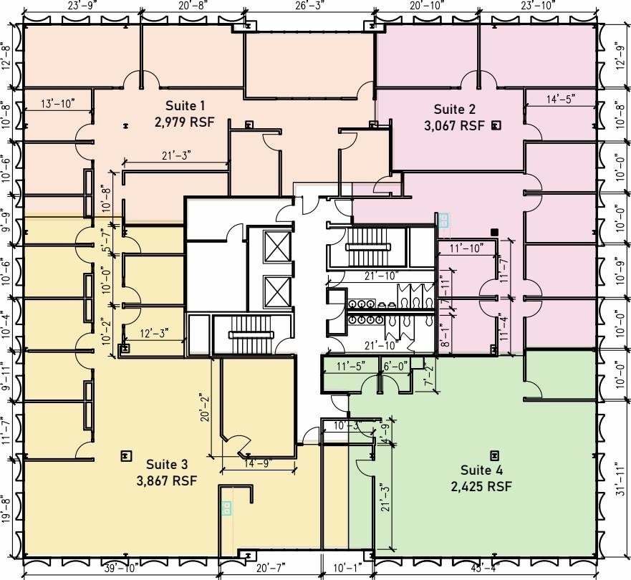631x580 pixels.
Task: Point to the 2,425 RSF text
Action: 481,487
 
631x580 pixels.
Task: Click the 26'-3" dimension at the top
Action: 310,6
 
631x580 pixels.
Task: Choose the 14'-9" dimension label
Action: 258,463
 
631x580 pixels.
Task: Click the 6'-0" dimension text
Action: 396,366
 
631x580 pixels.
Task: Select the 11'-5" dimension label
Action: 351,366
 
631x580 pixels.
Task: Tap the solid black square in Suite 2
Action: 493,231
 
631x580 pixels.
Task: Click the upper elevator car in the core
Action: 276,246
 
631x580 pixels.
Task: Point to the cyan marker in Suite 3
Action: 227,508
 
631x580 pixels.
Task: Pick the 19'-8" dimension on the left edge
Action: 7,510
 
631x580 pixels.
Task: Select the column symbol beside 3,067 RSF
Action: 494,125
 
